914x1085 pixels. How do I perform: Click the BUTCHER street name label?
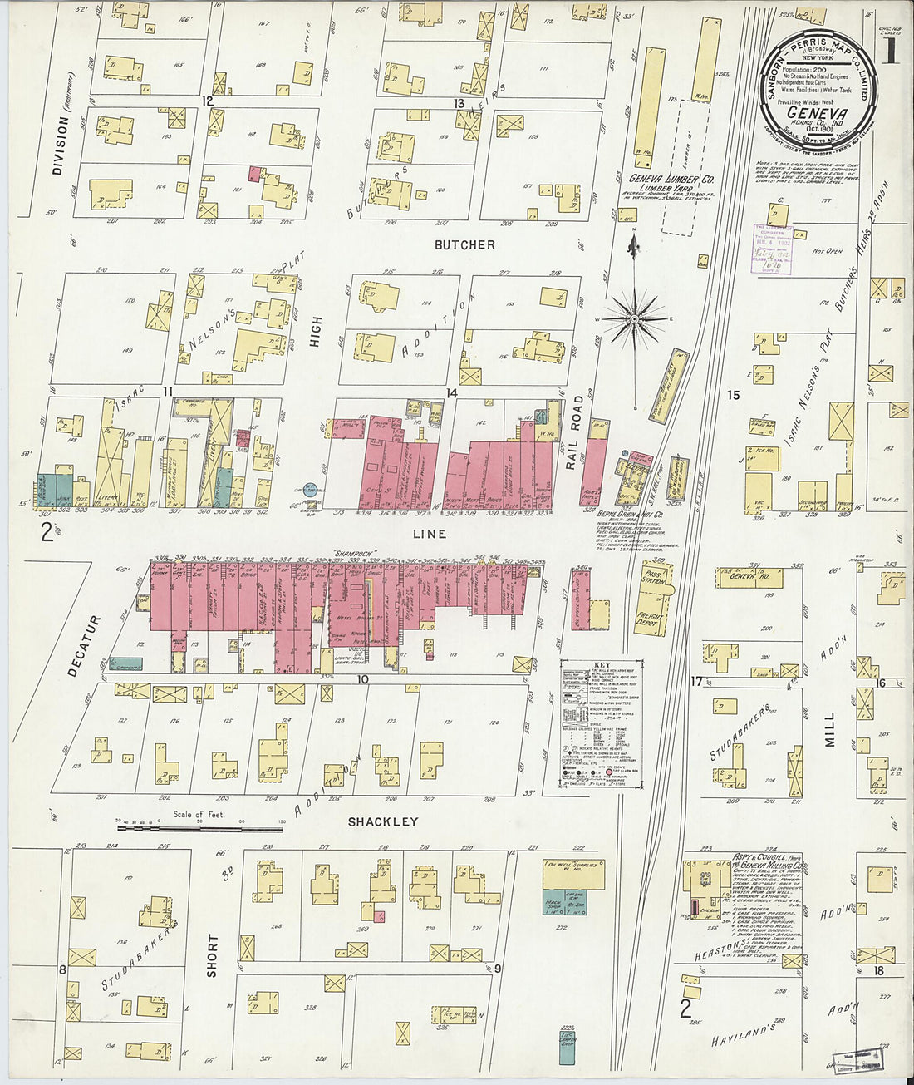tap(464, 244)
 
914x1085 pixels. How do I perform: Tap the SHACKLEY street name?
tap(382, 821)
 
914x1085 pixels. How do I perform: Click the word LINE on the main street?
tap(429, 534)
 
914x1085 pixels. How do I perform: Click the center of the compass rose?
tap(634, 318)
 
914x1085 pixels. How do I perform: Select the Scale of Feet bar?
tap(199, 827)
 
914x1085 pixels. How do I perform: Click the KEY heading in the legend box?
tap(602, 664)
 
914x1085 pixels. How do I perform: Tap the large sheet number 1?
tap(890, 52)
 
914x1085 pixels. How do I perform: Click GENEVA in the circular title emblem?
tap(818, 114)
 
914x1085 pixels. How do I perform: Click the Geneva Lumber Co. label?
tap(671, 179)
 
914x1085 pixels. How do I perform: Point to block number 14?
tap(452, 392)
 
